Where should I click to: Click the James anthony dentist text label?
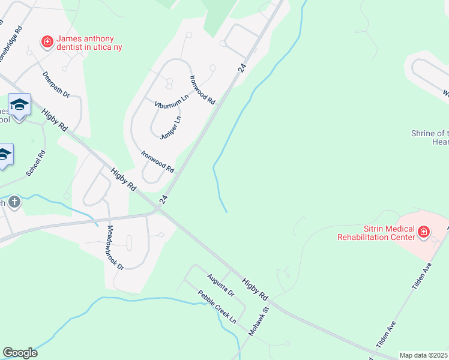[x=89, y=42]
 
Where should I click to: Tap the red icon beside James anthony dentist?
[x=46, y=41]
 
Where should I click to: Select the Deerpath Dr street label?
[x=56, y=85]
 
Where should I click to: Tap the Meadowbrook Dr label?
[x=115, y=247]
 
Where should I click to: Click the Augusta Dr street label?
[x=220, y=284]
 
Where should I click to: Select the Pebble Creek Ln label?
[x=217, y=307]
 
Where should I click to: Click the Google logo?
[x=20, y=353]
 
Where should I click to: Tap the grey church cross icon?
[x=14, y=202]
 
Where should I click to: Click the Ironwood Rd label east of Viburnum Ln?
[x=202, y=91]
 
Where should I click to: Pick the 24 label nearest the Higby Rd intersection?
[x=163, y=199]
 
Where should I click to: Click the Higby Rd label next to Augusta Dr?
[x=255, y=289]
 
